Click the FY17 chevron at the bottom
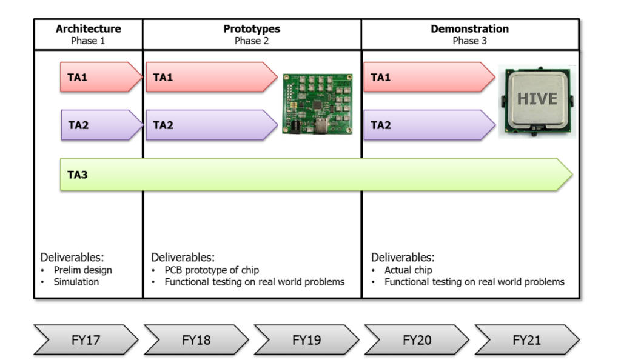[x=86, y=340]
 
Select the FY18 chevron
[x=196, y=340]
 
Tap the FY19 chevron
[x=306, y=340]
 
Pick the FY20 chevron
[x=417, y=340]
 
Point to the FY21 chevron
[x=526, y=340]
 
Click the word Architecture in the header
[x=88, y=29]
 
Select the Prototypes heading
[x=252, y=29]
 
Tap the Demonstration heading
[x=469, y=29]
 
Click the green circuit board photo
[x=313, y=104]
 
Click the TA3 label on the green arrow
[x=78, y=175]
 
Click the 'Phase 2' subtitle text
[x=252, y=41]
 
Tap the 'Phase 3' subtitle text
[x=469, y=41]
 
